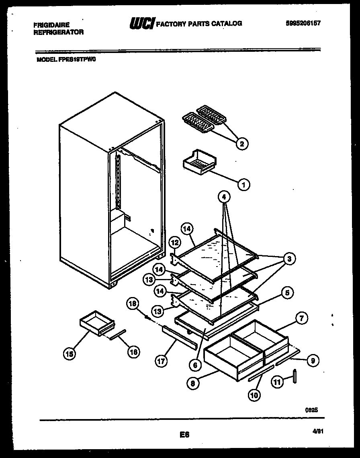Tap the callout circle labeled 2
pyautogui.click(x=241, y=143)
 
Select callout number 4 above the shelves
pyautogui.click(x=225, y=197)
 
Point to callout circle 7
pyautogui.click(x=301, y=318)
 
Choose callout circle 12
pyautogui.click(x=174, y=243)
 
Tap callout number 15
pyautogui.click(x=70, y=353)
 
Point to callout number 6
pyautogui.click(x=195, y=365)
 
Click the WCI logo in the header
pyautogui.click(x=141, y=24)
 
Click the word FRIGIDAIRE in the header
pyautogui.click(x=51, y=25)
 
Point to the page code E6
pyautogui.click(x=185, y=434)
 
